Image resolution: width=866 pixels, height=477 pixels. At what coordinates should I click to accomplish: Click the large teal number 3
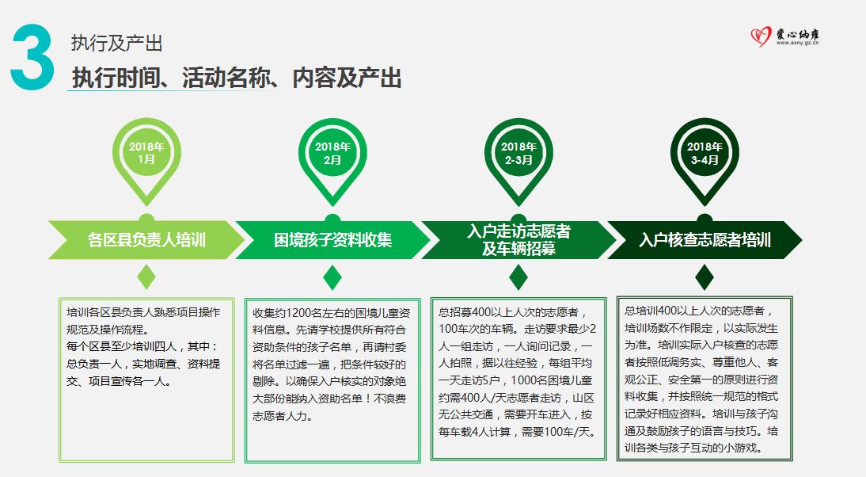click(x=32, y=58)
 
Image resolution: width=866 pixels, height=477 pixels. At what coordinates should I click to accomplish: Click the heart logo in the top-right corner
click(x=761, y=36)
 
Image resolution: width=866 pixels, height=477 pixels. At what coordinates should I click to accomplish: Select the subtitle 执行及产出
click(x=116, y=43)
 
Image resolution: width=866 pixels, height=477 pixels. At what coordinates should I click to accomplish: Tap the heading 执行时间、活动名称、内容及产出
click(x=237, y=78)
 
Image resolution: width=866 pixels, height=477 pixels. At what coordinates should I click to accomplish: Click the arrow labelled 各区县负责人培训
click(x=146, y=239)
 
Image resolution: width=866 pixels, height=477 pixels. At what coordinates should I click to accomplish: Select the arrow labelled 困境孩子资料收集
click(x=332, y=239)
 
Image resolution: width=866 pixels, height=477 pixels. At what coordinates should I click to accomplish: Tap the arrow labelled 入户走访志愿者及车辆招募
click(x=518, y=239)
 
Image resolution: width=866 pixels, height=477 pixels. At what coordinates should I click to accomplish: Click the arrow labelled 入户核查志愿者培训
click(x=705, y=239)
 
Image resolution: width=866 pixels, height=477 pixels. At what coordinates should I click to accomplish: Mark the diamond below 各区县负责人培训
click(x=146, y=277)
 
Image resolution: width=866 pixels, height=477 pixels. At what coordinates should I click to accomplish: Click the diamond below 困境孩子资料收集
click(x=332, y=277)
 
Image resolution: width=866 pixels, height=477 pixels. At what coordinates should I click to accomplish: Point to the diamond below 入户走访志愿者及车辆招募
click(x=518, y=277)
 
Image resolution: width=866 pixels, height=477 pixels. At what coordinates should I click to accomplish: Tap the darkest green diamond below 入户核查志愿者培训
click(x=705, y=277)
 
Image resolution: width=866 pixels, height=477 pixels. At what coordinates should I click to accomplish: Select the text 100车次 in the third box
click(x=459, y=329)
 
